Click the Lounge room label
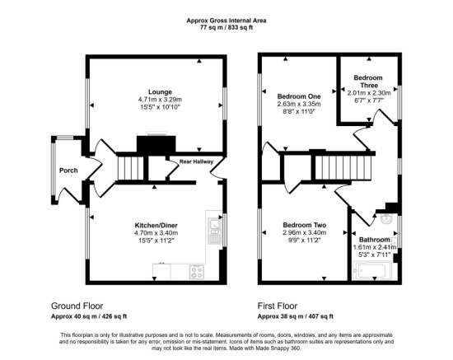click(160, 92)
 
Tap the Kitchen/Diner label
click(156, 225)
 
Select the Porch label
click(68, 171)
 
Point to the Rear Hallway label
click(196, 161)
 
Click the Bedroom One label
click(299, 96)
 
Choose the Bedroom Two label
click(305, 225)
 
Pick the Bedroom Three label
click(368, 82)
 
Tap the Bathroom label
click(375, 240)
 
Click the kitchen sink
click(214, 231)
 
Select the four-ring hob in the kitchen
click(197, 272)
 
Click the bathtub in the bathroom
click(372, 270)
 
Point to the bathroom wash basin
click(386, 219)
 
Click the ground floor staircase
click(131, 168)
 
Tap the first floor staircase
click(343, 167)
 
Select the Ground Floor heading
click(77, 306)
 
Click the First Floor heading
click(278, 306)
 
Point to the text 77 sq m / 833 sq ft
click(226, 28)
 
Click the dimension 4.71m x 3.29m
click(160, 100)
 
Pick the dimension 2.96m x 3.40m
click(305, 232)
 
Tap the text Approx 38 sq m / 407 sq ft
click(296, 316)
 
